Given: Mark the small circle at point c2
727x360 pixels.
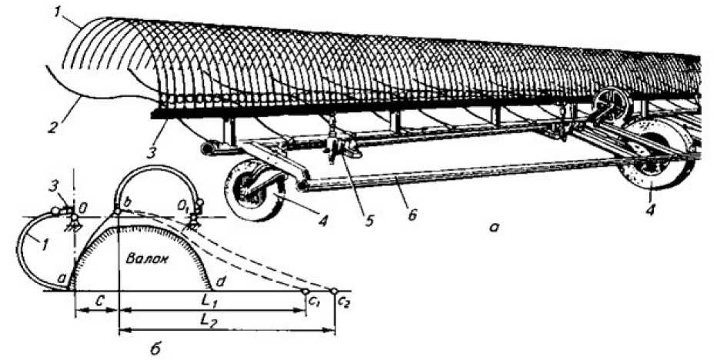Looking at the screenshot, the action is point(334,292).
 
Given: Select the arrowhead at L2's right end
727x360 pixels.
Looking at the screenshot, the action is point(332,332).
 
